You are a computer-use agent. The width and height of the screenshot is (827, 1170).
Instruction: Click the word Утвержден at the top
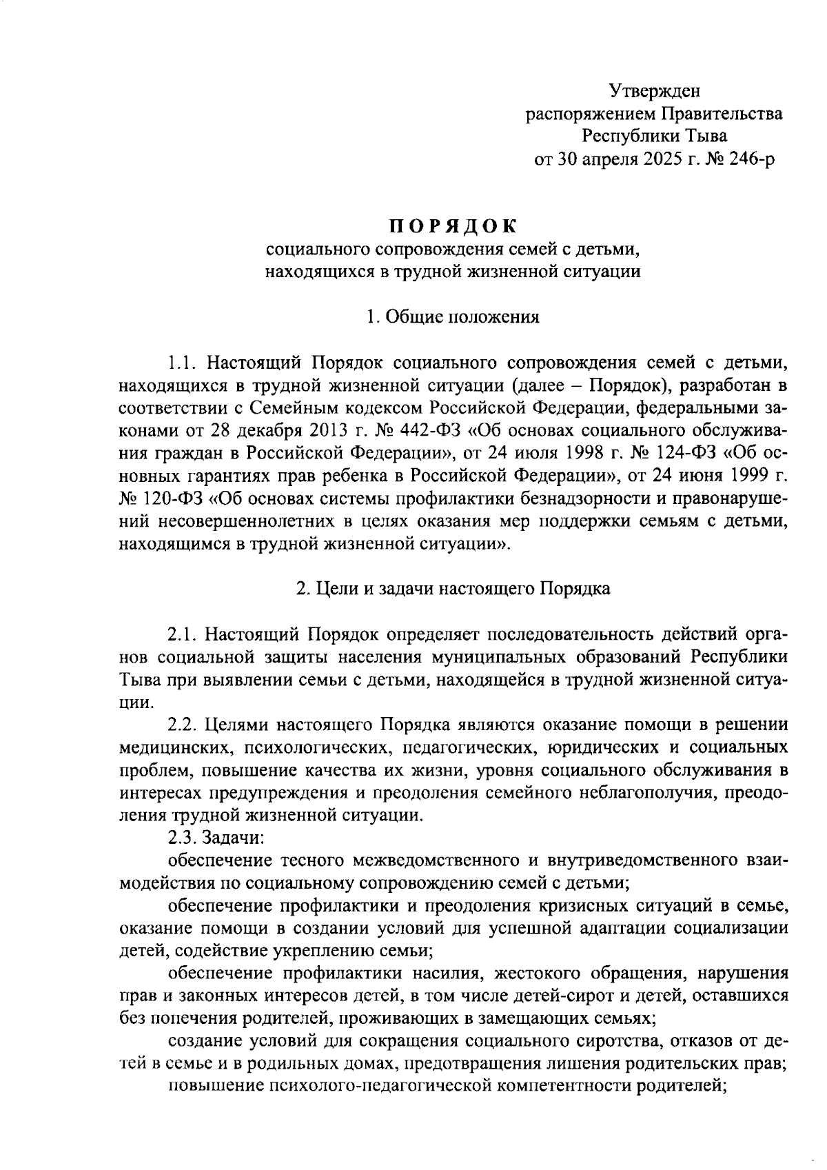[x=655, y=90]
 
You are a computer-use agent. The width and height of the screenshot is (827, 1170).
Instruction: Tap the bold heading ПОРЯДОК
[x=453, y=225]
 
